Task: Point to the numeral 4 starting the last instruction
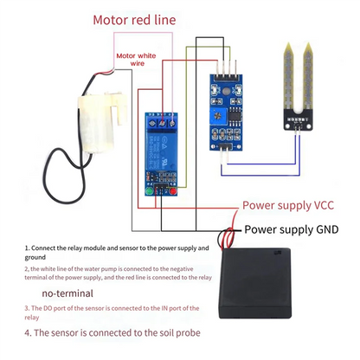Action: pos(28,332)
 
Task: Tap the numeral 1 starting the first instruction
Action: pos(27,247)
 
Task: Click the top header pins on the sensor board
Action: pos(224,68)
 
